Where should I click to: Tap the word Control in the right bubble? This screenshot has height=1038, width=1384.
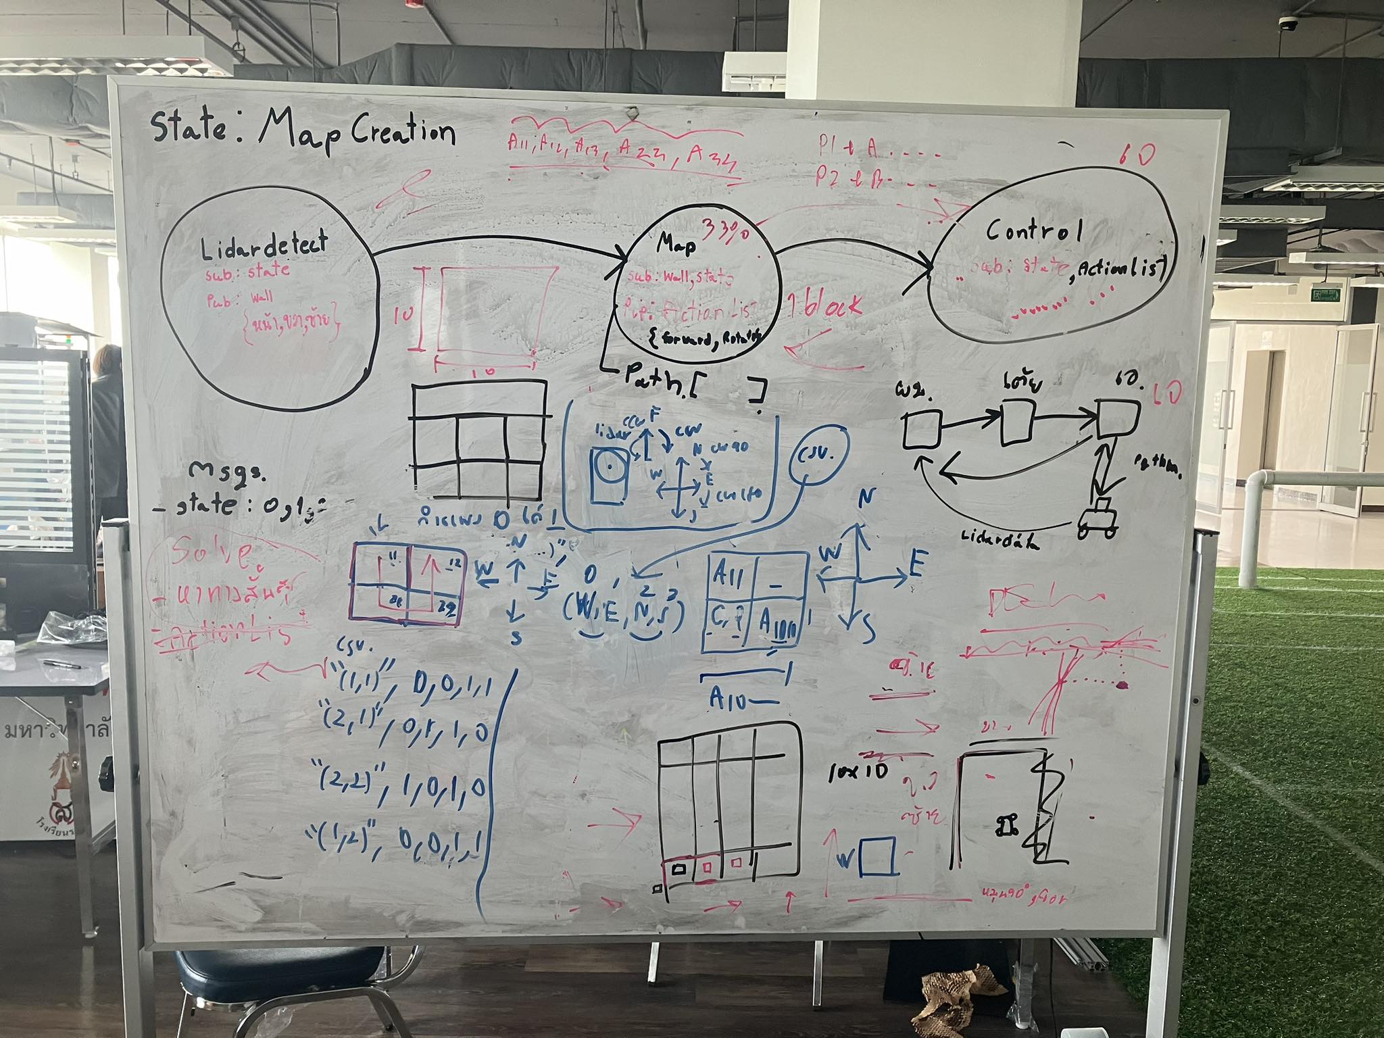(x=1034, y=231)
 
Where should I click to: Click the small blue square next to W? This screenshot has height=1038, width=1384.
(x=879, y=856)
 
